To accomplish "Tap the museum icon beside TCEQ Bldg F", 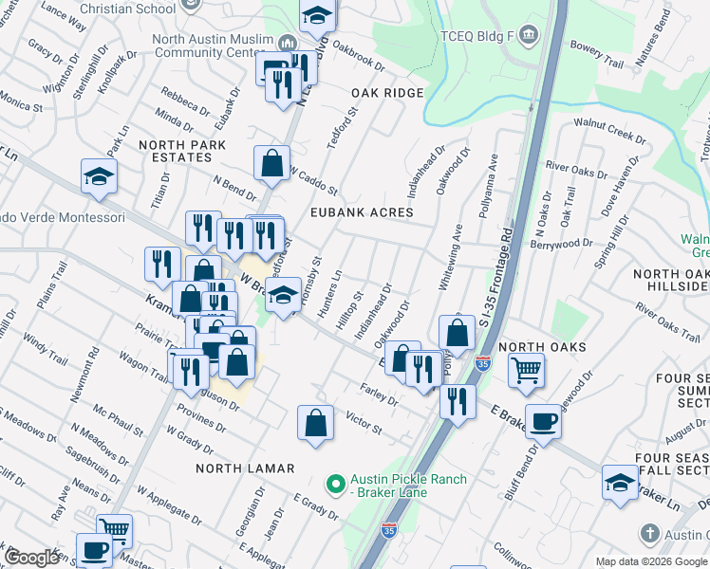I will [529, 35].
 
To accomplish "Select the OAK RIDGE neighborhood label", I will [387, 93].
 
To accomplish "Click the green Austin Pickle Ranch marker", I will [333, 486].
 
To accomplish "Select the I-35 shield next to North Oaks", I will [483, 362].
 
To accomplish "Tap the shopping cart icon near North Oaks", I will [525, 369].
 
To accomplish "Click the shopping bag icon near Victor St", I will [315, 423].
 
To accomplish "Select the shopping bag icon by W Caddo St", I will [272, 162].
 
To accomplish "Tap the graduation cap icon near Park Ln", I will [99, 176].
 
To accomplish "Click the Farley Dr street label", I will [379, 392].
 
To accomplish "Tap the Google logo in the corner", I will [33, 557].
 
